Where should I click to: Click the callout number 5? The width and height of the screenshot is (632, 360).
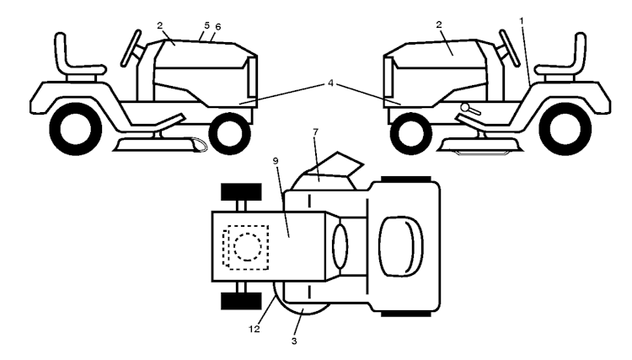tap(206, 25)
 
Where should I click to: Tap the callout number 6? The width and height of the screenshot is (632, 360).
tap(218, 27)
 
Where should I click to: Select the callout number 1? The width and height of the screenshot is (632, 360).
tap(522, 20)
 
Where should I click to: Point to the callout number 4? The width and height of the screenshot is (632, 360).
tap(330, 83)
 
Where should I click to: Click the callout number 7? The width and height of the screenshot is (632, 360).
tap(316, 132)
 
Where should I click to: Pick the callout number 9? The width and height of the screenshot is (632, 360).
tap(276, 161)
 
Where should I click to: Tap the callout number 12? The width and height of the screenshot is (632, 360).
tap(254, 329)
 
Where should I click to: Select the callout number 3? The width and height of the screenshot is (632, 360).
tap(294, 341)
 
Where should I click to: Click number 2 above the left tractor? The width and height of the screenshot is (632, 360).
tap(160, 25)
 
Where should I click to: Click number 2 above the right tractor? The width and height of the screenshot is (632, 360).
tap(439, 24)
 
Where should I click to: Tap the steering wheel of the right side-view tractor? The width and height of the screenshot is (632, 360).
tap(510, 47)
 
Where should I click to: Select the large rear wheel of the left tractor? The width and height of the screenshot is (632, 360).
tap(75, 129)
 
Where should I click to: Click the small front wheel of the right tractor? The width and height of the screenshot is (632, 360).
tap(411, 133)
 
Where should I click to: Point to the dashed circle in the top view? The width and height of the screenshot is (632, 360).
tap(248, 247)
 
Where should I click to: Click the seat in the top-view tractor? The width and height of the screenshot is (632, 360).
tap(401, 246)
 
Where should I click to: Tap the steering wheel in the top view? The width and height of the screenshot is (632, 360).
tap(340, 246)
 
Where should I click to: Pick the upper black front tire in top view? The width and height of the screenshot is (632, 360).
tap(241, 192)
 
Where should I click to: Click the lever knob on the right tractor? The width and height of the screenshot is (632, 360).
tap(465, 107)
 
